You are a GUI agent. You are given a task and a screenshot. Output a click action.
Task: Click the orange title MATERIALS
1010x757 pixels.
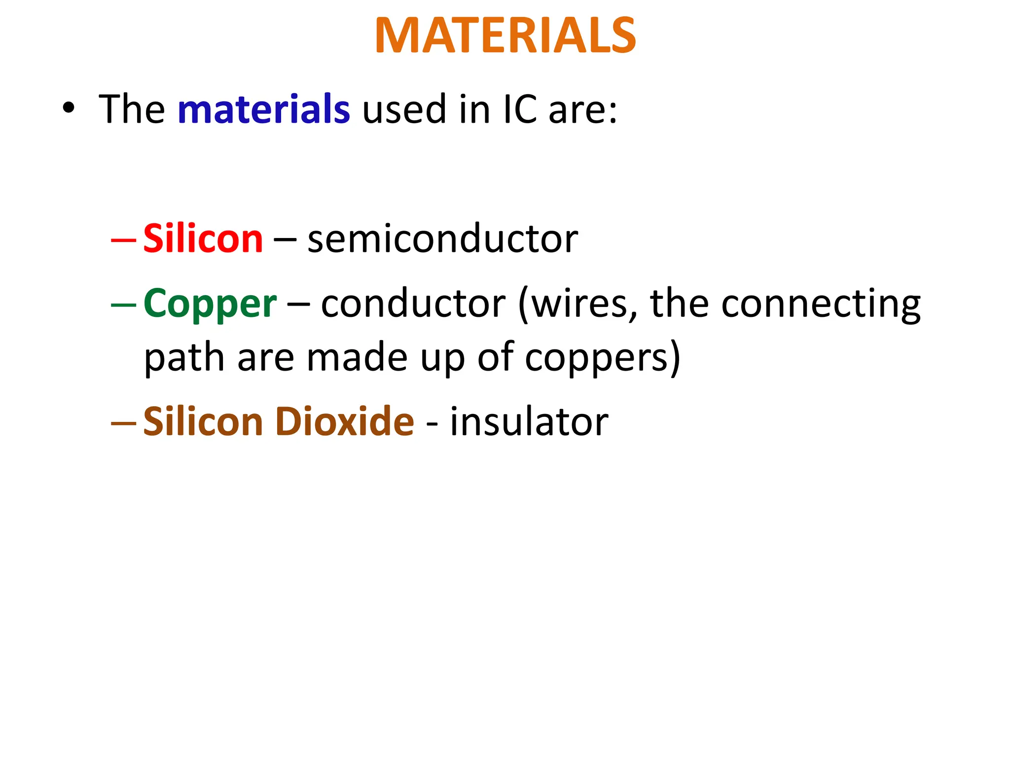tap(505, 35)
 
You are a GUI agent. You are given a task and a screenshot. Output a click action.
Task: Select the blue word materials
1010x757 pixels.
tap(264, 109)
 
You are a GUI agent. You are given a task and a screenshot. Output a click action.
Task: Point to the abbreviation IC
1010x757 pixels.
tap(520, 109)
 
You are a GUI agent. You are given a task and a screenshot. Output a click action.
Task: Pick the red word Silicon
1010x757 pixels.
tap(203, 239)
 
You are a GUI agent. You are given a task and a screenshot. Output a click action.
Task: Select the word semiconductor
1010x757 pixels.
tap(442, 239)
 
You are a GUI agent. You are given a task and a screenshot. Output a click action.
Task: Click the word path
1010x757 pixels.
tap(184, 358)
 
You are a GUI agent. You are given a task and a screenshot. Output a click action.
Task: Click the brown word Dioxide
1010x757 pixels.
tap(345, 422)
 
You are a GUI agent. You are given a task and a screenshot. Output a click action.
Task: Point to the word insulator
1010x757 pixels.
tap(529, 422)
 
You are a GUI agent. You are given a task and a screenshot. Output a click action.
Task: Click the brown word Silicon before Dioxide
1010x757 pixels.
tap(203, 422)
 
